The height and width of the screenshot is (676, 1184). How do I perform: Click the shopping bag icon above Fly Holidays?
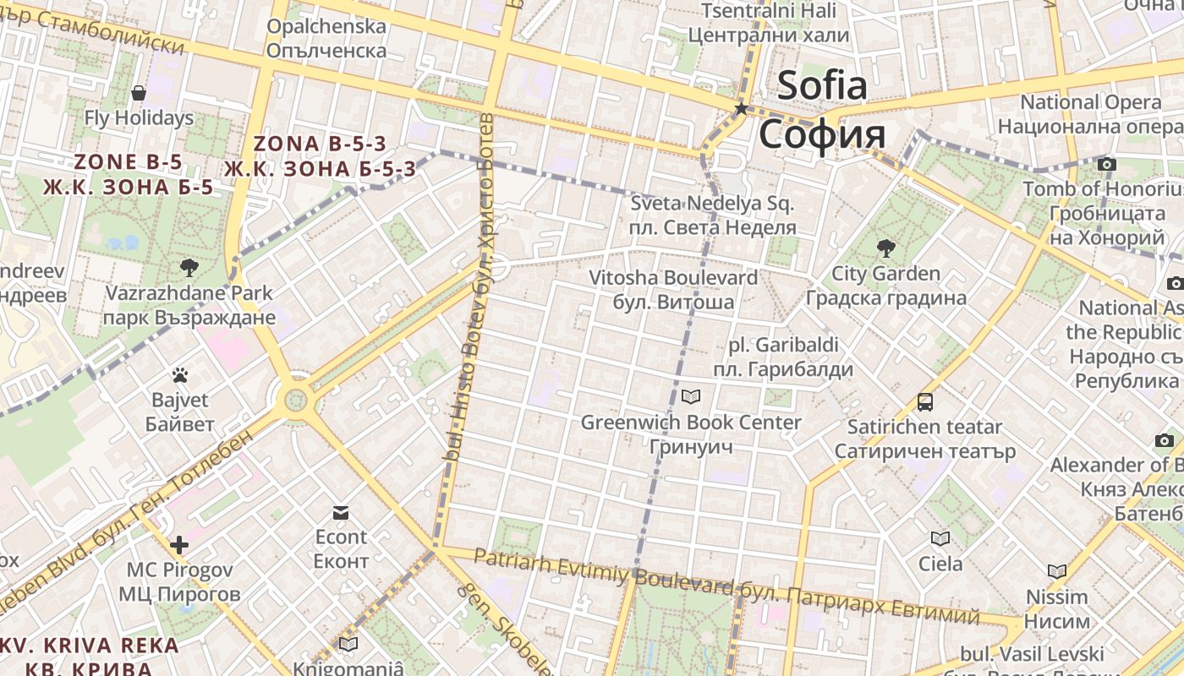[139, 92]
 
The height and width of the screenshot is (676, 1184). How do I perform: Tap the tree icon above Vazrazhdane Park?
[189, 268]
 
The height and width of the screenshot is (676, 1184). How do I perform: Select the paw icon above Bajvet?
[179, 374]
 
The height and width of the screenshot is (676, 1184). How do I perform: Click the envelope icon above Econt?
[341, 512]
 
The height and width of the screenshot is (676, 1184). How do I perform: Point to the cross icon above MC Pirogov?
[179, 544]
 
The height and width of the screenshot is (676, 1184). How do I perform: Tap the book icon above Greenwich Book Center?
[691, 396]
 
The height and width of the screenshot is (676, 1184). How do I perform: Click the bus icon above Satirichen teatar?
[925, 402]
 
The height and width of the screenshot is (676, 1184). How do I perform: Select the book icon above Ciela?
[940, 538]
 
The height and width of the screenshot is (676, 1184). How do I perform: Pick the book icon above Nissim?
[1056, 571]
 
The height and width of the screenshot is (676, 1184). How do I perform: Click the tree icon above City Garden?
[886, 248]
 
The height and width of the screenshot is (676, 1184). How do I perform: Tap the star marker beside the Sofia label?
[742, 108]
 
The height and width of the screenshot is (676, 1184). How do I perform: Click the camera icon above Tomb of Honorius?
[1106, 164]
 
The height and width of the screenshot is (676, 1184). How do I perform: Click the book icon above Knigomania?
[348, 644]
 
